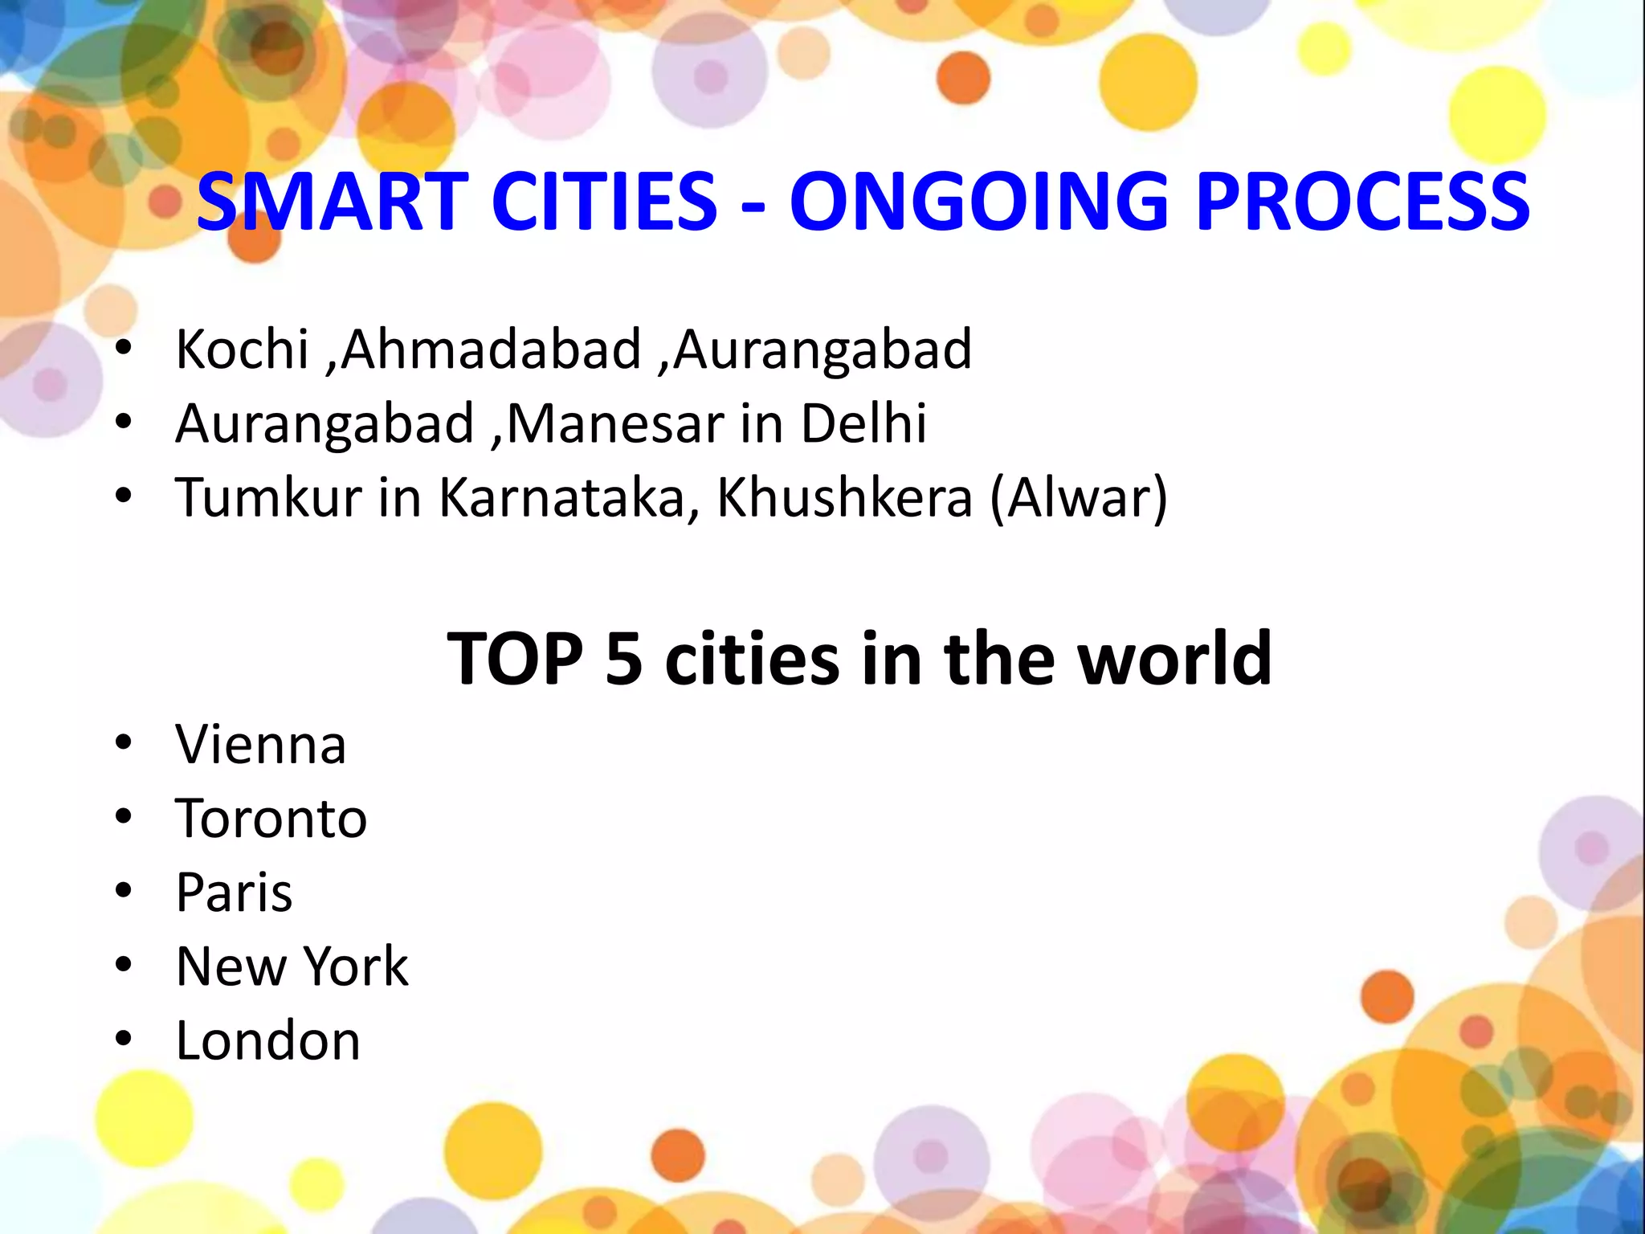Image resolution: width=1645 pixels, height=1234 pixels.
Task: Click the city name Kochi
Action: coord(242,349)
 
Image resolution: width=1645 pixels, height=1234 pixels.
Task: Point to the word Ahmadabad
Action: coord(492,349)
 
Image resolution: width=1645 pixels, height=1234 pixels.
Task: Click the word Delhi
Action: coord(863,423)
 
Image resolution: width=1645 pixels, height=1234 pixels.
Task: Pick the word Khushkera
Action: coord(844,497)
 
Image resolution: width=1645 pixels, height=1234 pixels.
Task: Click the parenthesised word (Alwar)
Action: coord(1079,497)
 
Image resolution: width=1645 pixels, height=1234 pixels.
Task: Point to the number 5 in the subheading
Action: coord(624,659)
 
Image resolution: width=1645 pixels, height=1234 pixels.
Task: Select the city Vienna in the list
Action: coord(261,745)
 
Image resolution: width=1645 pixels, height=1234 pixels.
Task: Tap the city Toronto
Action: coord(271,819)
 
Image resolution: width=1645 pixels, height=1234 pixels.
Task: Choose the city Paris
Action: coord(234,893)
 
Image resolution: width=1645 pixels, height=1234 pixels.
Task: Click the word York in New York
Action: coord(356,966)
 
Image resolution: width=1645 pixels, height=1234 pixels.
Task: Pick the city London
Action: coord(267,1041)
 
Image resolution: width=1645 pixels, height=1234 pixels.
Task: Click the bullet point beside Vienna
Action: coord(123,743)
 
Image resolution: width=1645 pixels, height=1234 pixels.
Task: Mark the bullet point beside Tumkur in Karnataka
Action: coord(123,496)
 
